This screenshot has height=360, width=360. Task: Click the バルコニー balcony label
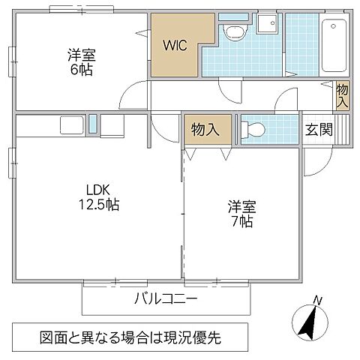[166, 299]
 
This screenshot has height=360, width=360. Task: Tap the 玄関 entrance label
[318, 128]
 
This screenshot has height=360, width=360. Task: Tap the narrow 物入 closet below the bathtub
[342, 96]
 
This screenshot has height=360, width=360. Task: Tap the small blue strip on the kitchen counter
[93, 124]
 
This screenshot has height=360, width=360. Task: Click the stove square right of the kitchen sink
[112, 124]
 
